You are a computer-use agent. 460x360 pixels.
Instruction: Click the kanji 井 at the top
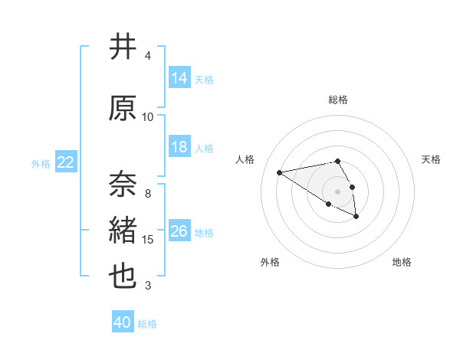(x=123, y=47)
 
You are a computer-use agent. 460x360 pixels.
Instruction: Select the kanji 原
(x=123, y=108)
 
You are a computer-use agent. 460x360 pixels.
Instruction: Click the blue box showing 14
(x=179, y=78)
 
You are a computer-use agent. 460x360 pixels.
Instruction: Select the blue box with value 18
(x=179, y=147)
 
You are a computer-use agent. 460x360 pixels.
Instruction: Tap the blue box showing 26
(x=179, y=231)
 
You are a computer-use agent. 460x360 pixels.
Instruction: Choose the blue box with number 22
(x=66, y=162)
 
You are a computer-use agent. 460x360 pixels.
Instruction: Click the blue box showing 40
(x=122, y=322)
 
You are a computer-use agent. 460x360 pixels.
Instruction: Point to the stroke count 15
(x=149, y=240)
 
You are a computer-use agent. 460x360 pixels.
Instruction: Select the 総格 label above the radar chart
(x=337, y=100)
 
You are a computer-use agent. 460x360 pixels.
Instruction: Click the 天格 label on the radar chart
(x=431, y=159)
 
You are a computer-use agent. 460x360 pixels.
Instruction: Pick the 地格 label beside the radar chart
(x=402, y=262)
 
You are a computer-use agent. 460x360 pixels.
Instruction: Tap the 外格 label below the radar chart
(x=270, y=262)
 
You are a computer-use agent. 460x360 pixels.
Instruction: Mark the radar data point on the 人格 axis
(x=280, y=172)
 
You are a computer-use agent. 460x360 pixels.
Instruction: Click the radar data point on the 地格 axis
(x=356, y=217)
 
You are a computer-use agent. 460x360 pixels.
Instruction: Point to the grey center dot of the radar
(x=337, y=191)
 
